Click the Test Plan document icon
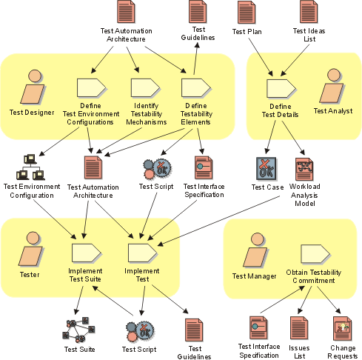pos(246,13)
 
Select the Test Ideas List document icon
pos(309,12)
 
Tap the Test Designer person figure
pos(33,87)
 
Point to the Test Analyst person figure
pos(332,85)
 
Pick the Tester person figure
pos(31,249)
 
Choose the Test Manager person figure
pos(255,250)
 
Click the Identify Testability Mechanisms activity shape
pos(145,88)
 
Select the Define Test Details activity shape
pos(281,89)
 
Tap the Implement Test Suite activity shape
pos(87,253)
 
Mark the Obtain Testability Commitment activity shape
pos(315,254)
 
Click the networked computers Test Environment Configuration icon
pos(31,167)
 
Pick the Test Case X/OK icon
pos(267,169)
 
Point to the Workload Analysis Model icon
pos(304,169)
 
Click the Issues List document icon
pos(299,329)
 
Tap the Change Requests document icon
pos(343,329)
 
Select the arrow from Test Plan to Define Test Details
pos(261,57)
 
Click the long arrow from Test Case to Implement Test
pos(218,221)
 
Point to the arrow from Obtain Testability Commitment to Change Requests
pos(329,300)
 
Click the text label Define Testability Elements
pos(196,114)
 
